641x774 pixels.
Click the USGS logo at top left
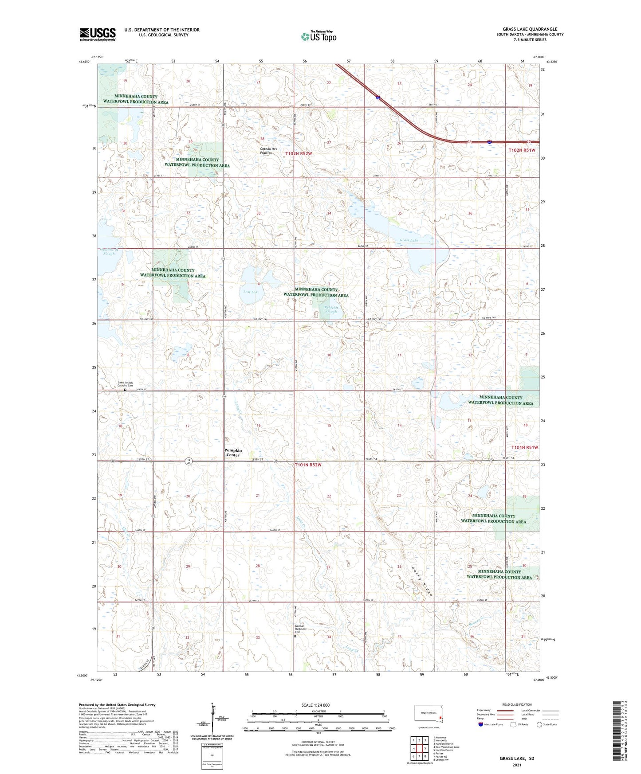click(97, 34)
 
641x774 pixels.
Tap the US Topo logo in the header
click(318, 36)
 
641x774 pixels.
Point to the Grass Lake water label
click(408, 240)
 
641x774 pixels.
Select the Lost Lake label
click(251, 292)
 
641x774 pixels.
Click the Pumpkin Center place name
click(233, 453)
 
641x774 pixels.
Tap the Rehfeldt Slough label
click(331, 309)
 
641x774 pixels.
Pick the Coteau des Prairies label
click(268, 151)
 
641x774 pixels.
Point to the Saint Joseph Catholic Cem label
click(125, 384)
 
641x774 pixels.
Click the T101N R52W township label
click(310, 465)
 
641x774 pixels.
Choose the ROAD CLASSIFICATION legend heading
click(516, 704)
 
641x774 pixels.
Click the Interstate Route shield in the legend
click(481, 724)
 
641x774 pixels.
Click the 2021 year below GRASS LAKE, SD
click(517, 765)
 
